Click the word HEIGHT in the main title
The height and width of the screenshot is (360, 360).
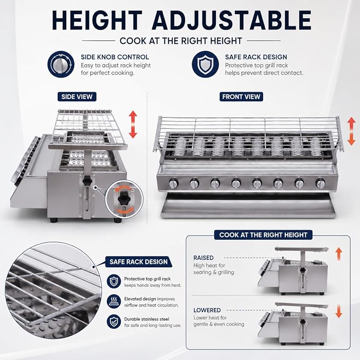pyautogui.click(x=97, y=20)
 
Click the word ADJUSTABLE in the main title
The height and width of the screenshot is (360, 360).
pyautogui.click(x=231, y=20)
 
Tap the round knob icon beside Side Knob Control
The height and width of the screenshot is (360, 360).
pyautogui.click(x=61, y=64)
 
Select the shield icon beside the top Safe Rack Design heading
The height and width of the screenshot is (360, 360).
pyautogui.click(x=205, y=64)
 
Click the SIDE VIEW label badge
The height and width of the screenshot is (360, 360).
pyautogui.click(x=77, y=96)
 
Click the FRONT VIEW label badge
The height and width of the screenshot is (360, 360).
pyautogui.click(x=241, y=96)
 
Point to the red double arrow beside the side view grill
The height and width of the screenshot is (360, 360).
pyautogui.click(x=133, y=124)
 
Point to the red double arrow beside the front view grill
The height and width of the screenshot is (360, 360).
pyautogui.click(x=352, y=131)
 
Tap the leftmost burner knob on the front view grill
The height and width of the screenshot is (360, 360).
pyautogui.click(x=173, y=183)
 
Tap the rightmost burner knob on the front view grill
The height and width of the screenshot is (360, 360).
pyautogui.click(x=320, y=183)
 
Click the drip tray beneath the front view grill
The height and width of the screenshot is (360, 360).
pyautogui.click(x=249, y=205)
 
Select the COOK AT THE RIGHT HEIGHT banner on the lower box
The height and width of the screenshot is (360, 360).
pyautogui.click(x=263, y=235)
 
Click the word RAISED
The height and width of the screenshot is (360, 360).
pyautogui.click(x=204, y=258)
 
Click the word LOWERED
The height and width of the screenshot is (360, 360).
pyautogui.click(x=207, y=310)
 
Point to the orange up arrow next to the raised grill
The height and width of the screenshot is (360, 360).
pyautogui.click(x=339, y=254)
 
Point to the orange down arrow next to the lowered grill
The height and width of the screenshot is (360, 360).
pyautogui.click(x=339, y=311)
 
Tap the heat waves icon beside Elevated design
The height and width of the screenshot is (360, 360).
pyautogui.click(x=114, y=302)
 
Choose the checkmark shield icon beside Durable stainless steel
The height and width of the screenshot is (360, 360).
pyautogui.click(x=114, y=322)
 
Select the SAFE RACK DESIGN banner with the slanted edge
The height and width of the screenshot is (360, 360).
pyautogui.click(x=139, y=262)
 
